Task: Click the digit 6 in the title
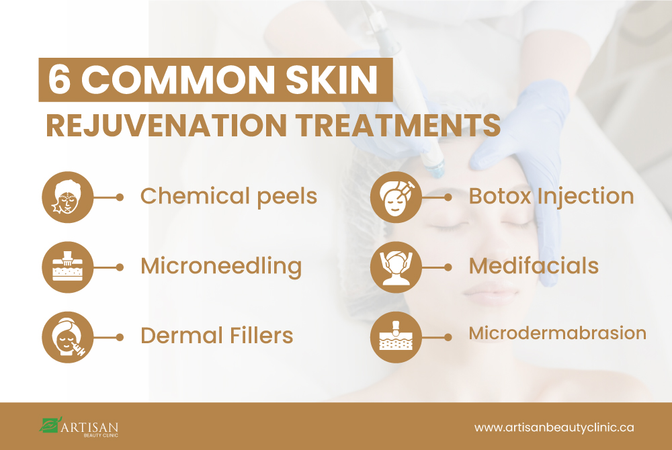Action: click(x=59, y=80)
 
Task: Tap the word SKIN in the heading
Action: click(x=332, y=80)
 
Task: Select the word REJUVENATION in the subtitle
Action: click(x=166, y=126)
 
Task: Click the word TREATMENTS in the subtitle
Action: click(x=398, y=126)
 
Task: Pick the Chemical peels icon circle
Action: click(x=68, y=197)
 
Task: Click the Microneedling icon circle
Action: click(x=68, y=267)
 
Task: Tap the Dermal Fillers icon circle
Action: click(x=68, y=337)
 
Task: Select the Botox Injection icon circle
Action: click(x=396, y=197)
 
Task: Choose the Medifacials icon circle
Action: click(x=396, y=267)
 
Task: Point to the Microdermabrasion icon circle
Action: click(x=396, y=337)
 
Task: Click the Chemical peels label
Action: click(x=229, y=197)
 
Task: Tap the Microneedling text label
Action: click(x=221, y=267)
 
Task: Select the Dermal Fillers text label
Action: click(x=217, y=336)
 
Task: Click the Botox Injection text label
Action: click(x=551, y=197)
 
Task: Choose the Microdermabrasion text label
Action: click(x=558, y=333)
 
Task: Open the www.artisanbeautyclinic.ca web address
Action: click(x=554, y=428)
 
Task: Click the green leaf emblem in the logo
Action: click(x=50, y=424)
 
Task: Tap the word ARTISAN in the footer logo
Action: click(x=89, y=427)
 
